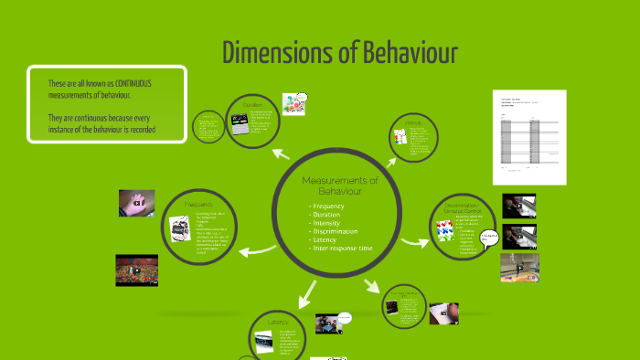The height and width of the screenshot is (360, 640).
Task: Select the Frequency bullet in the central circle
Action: [328, 206]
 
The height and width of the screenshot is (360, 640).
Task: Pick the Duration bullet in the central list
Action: [326, 215]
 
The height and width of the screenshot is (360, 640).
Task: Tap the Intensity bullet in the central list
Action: [327, 223]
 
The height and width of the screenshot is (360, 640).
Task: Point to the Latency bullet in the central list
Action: [325, 239]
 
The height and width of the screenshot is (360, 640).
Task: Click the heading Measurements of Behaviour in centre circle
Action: [339, 186]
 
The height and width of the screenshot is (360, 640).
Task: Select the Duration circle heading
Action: [252, 105]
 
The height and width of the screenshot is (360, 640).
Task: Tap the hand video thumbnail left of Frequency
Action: [135, 202]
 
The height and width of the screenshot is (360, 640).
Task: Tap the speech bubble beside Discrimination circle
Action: [489, 239]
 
